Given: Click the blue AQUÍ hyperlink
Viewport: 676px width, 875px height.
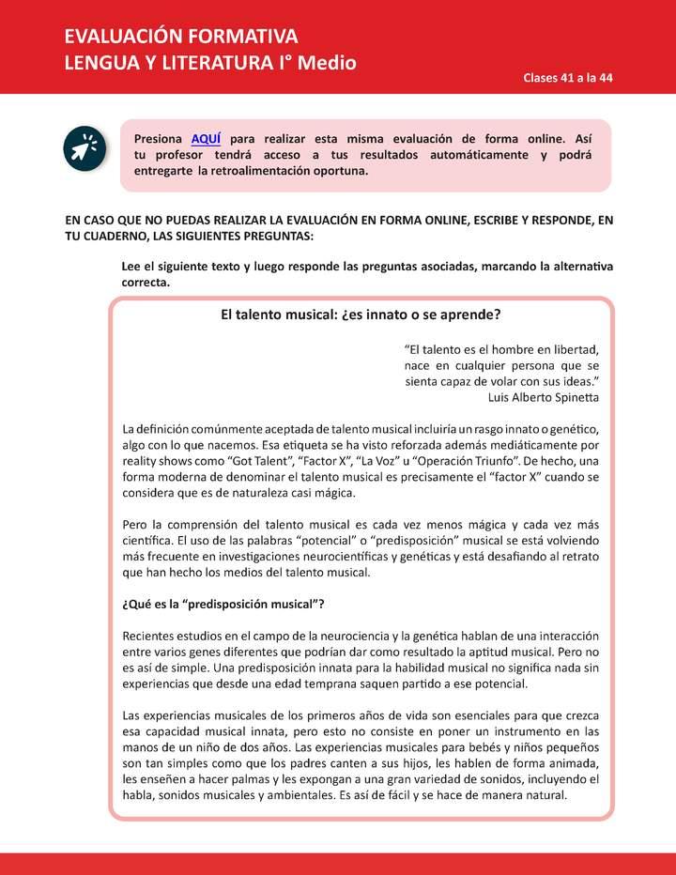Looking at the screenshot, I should tap(206, 137).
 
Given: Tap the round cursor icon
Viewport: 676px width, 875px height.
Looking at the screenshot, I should tap(83, 147).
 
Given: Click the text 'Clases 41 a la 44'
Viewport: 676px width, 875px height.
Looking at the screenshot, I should tap(568, 78).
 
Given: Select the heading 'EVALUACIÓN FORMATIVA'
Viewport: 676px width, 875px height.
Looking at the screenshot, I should tap(181, 37).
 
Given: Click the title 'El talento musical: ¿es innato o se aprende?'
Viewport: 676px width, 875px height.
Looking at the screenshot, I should tap(361, 315).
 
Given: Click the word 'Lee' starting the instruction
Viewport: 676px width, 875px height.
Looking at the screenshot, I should tap(132, 267).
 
